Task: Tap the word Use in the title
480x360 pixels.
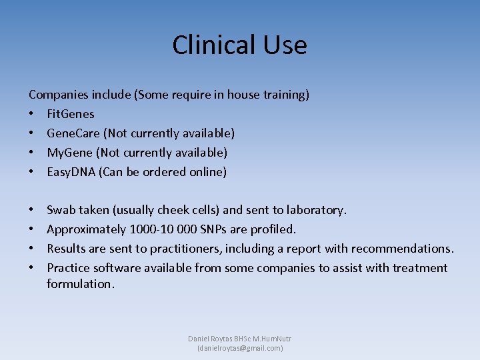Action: tap(283, 45)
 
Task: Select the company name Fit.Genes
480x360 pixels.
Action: tap(71, 114)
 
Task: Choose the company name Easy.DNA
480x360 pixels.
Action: tap(73, 172)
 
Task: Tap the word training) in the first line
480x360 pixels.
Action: tap(287, 95)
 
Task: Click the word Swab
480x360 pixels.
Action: tap(61, 210)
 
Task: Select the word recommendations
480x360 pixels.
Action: tap(402, 249)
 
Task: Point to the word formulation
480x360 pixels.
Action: tap(81, 284)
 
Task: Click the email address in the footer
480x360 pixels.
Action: tap(240, 348)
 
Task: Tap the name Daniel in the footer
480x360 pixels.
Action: tap(200, 339)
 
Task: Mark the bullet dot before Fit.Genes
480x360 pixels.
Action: tap(32, 114)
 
